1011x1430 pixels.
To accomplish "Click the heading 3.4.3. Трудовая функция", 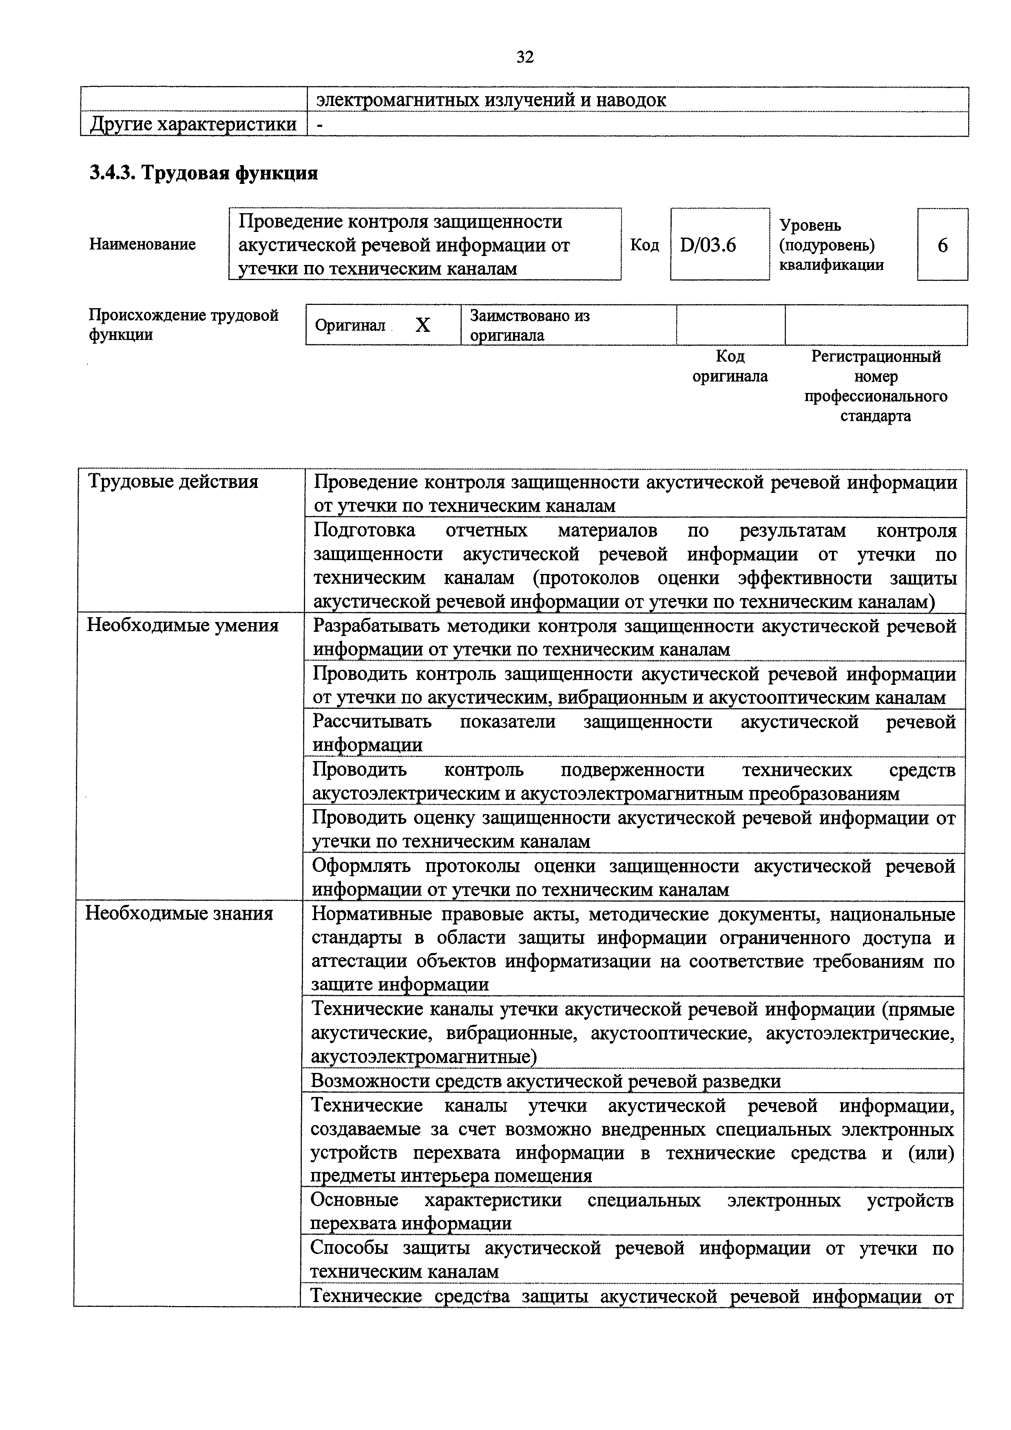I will [x=204, y=172].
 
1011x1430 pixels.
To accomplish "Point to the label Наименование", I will [x=143, y=244].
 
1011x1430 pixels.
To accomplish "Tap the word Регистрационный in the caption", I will [x=876, y=357].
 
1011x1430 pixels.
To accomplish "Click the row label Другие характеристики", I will [x=193, y=124].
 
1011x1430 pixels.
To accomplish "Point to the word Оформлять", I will [x=361, y=866].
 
